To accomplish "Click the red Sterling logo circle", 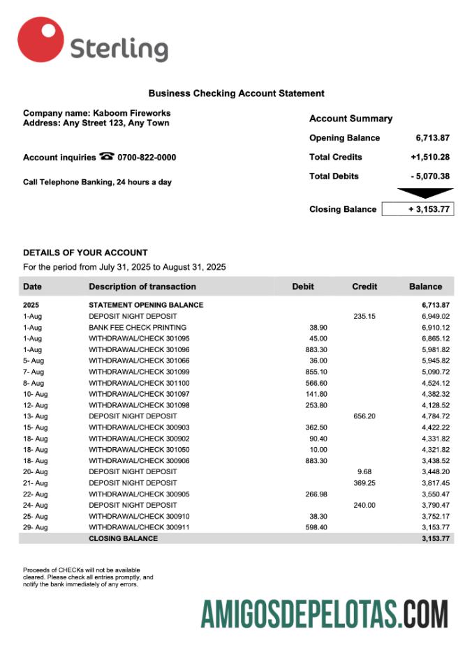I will [x=40, y=40].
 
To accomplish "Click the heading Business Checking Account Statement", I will [x=236, y=93].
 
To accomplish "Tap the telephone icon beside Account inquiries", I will [x=107, y=157].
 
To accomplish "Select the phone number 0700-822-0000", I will [x=147, y=158].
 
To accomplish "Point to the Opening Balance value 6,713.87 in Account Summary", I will [x=432, y=138].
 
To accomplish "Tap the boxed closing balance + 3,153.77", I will [x=418, y=209].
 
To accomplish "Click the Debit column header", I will [x=303, y=287].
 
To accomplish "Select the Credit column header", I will [x=364, y=287].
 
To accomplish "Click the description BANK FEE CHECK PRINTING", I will [x=138, y=327].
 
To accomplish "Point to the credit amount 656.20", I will [x=364, y=416].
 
